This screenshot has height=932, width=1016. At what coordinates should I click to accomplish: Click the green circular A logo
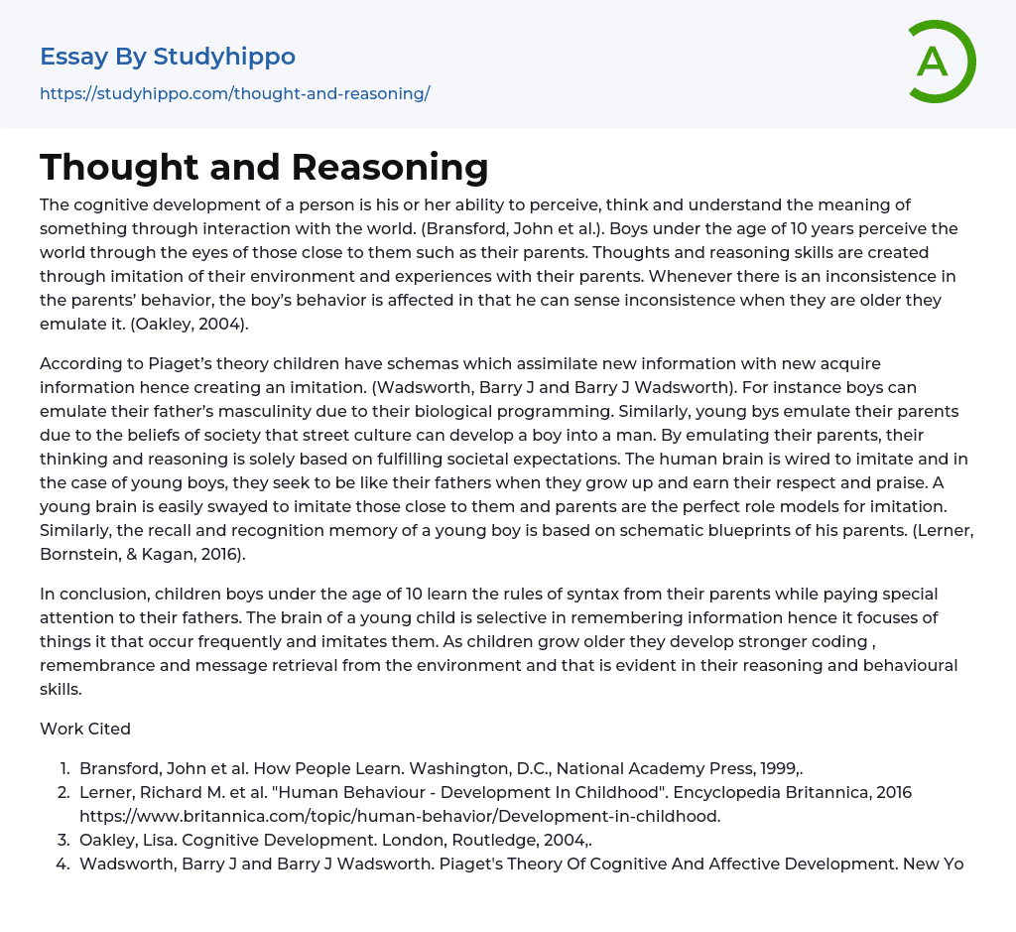click(941, 62)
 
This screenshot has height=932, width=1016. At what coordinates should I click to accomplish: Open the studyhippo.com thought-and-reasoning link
click(234, 94)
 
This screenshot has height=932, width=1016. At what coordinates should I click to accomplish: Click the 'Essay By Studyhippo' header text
click(168, 57)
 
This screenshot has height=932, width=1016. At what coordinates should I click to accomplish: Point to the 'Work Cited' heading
click(85, 729)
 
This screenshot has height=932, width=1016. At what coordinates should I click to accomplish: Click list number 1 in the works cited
click(63, 768)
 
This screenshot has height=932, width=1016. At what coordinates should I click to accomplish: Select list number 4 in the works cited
click(63, 864)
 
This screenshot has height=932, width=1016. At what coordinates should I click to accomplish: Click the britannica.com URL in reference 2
click(400, 816)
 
